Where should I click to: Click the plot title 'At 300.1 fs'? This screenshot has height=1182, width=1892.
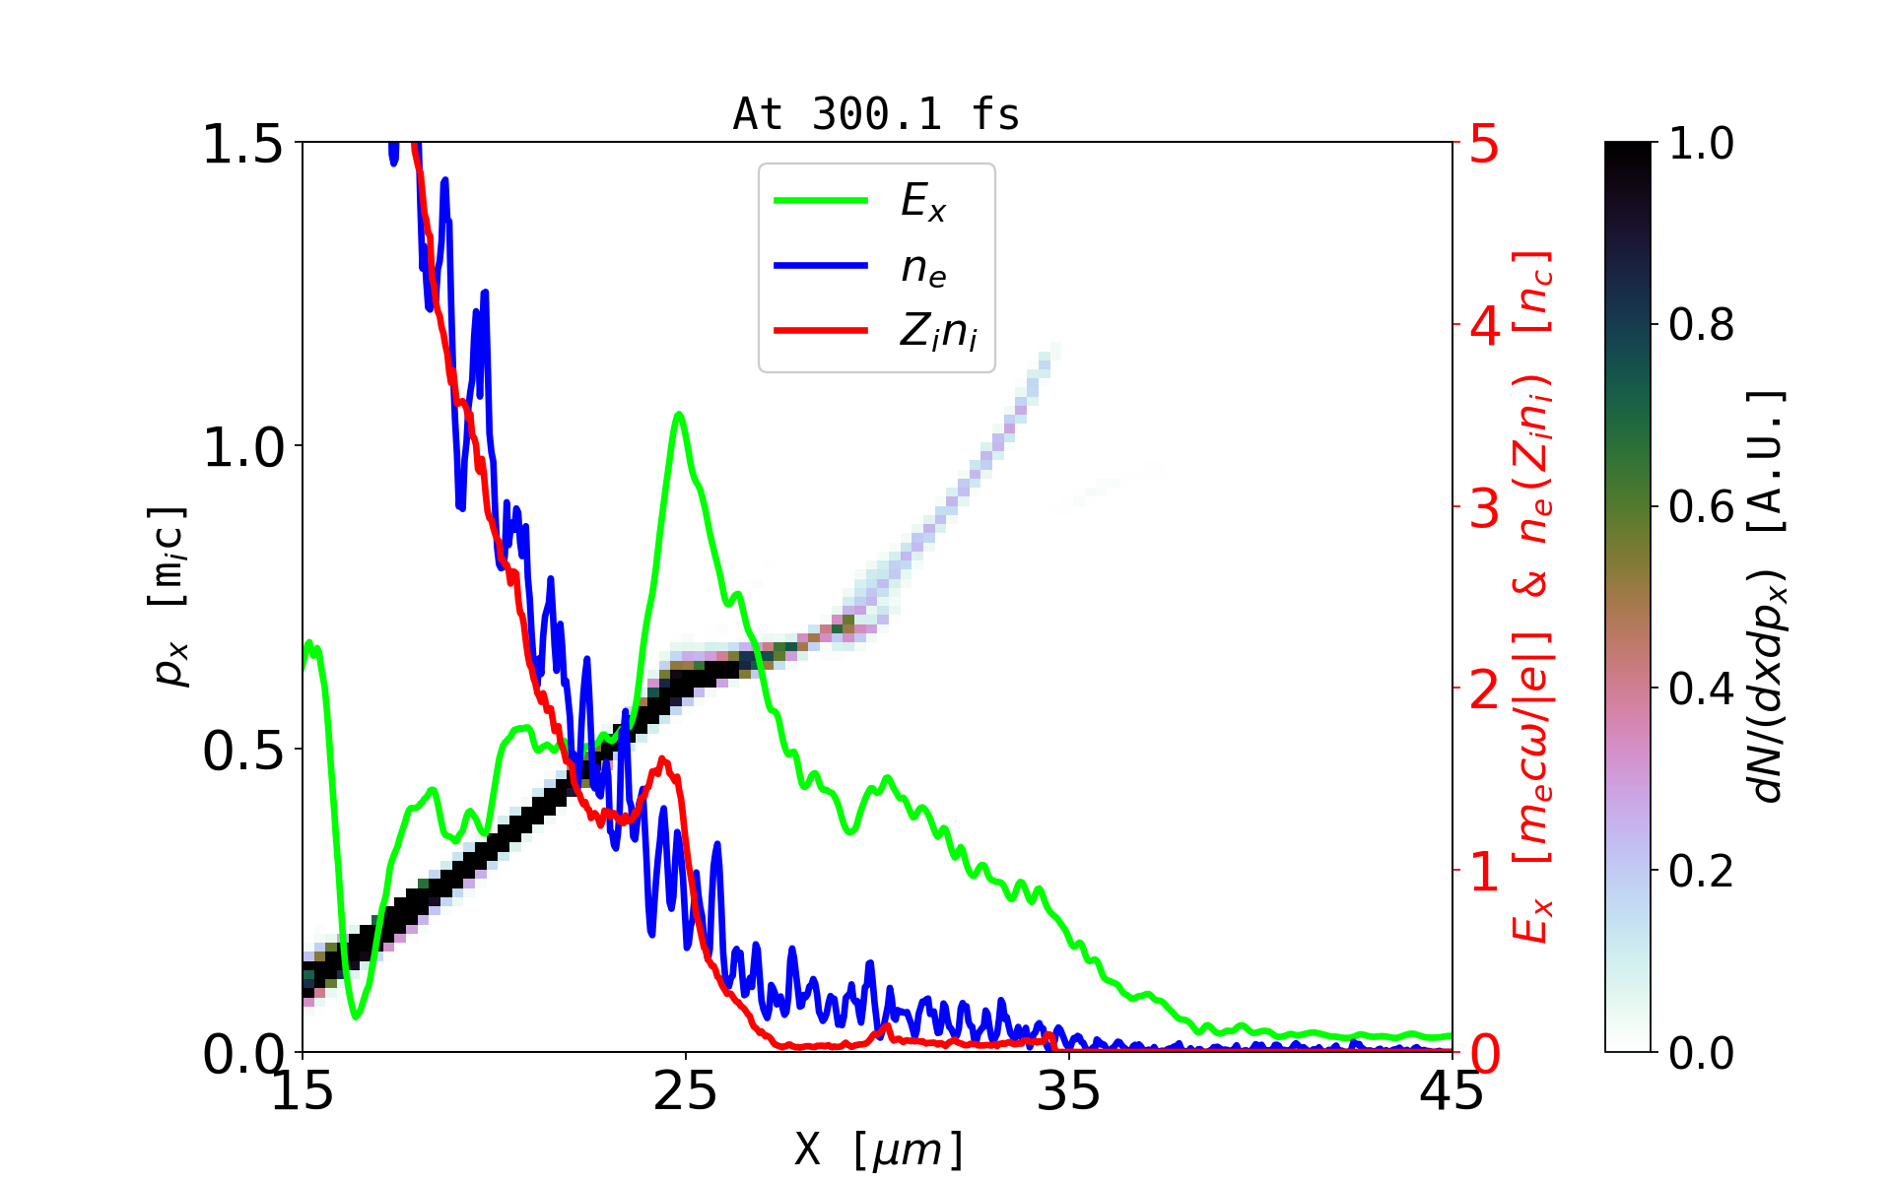(876, 114)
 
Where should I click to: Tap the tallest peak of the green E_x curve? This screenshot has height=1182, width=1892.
(678, 415)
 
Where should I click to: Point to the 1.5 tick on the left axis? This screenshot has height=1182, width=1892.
(242, 144)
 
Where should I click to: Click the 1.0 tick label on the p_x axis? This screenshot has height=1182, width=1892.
(242, 447)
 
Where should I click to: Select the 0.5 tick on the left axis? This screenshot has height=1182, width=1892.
(242, 751)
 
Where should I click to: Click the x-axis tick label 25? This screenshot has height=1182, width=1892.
(686, 1092)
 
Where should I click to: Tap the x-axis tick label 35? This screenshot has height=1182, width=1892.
(1069, 1092)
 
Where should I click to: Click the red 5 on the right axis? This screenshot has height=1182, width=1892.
(1484, 144)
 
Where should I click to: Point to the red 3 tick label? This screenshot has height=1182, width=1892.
(1484, 508)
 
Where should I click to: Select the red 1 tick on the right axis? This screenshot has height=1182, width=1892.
(1484, 872)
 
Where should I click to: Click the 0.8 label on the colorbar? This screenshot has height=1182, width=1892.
(1702, 325)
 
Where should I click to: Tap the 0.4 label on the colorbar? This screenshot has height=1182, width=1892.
(1702, 689)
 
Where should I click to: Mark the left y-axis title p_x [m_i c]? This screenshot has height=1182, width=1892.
(169, 597)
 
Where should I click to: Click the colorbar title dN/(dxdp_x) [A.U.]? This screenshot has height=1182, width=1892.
(1768, 597)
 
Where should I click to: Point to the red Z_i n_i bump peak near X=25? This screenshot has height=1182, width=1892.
(663, 759)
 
